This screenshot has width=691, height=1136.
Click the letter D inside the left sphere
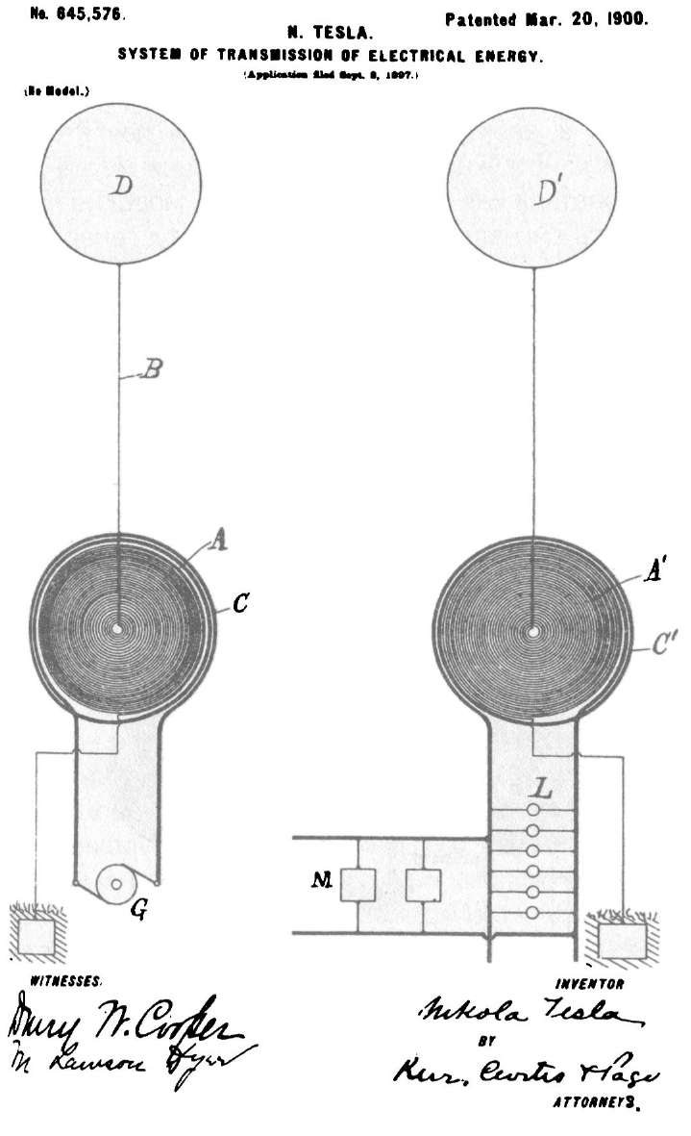pos(120,187)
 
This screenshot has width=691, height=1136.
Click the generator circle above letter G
pos(116,882)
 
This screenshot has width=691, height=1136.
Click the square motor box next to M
pos(358,884)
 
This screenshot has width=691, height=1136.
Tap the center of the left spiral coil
pos(117,629)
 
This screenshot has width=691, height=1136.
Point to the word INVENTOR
pos(590,984)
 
